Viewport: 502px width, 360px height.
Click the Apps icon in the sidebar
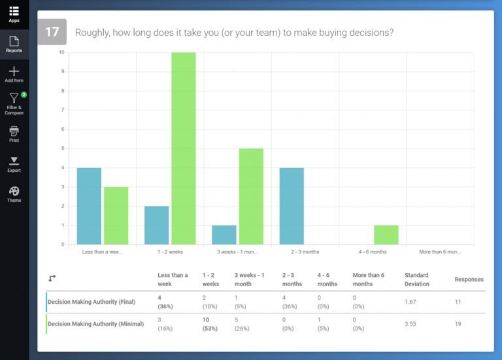click(14, 12)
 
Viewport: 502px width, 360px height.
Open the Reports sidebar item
click(14, 42)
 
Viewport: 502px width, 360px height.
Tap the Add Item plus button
click(14, 71)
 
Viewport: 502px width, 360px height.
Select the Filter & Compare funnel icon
click(14, 99)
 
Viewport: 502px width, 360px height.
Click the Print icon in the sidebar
click(14, 131)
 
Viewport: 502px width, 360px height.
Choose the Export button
click(14, 161)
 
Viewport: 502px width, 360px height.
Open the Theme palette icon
click(14, 191)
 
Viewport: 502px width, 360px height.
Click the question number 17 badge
click(52, 32)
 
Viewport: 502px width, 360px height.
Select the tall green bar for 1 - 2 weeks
click(184, 148)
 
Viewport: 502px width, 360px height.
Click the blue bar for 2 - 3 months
click(292, 206)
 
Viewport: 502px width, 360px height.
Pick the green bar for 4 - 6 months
click(386, 235)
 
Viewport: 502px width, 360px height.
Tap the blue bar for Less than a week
click(89, 206)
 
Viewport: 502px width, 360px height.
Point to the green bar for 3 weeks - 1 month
click(251, 196)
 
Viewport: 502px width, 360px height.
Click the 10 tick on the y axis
click(61, 52)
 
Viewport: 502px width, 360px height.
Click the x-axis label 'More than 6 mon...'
click(440, 252)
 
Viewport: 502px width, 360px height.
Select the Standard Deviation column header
click(417, 280)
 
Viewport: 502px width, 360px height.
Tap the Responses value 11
click(458, 301)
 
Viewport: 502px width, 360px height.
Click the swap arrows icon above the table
click(52, 278)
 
